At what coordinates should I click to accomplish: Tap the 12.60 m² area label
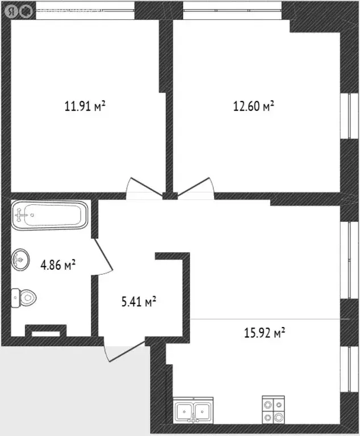click(253, 106)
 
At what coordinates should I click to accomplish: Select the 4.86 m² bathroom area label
click(58, 265)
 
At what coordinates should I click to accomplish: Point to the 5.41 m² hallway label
click(139, 301)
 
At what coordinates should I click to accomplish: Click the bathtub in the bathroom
click(49, 215)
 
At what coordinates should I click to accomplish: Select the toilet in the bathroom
click(24, 296)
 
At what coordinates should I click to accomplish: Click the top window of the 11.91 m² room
click(85, 10)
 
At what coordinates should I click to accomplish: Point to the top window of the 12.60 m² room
click(232, 10)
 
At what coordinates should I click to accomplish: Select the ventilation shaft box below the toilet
click(45, 331)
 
